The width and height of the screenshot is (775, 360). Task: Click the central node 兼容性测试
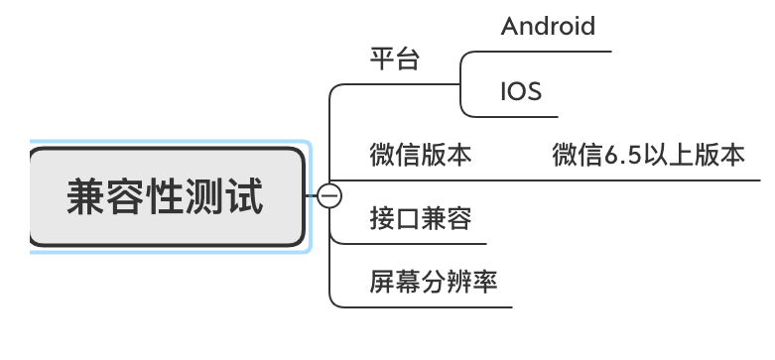pyautogui.click(x=166, y=196)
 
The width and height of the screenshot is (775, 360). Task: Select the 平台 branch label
pyautogui.click(x=395, y=60)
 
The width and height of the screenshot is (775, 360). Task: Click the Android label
pyautogui.click(x=548, y=27)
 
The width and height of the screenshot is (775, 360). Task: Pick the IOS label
pyautogui.click(x=521, y=92)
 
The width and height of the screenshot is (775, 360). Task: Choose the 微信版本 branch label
pyautogui.click(x=420, y=155)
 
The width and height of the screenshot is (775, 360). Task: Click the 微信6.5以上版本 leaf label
pyautogui.click(x=648, y=155)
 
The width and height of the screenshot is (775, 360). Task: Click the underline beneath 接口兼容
pyautogui.click(x=417, y=243)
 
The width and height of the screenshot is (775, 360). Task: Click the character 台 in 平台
pyautogui.click(x=408, y=60)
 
